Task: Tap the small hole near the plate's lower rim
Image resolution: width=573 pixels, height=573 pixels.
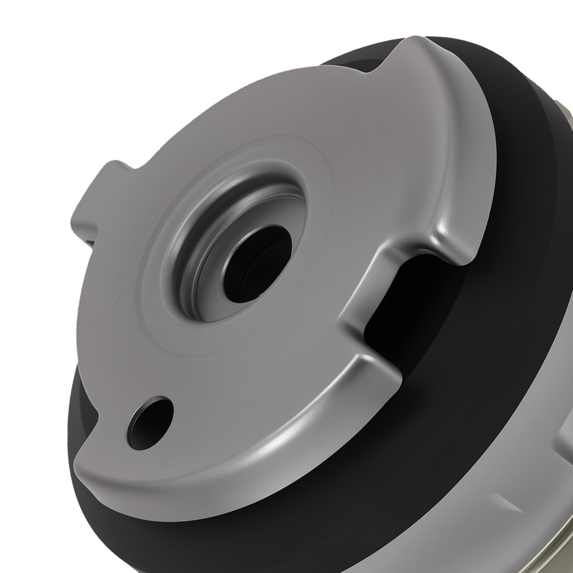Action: click(x=150, y=423)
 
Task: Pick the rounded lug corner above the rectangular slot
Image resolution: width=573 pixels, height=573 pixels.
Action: click(x=453, y=244)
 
